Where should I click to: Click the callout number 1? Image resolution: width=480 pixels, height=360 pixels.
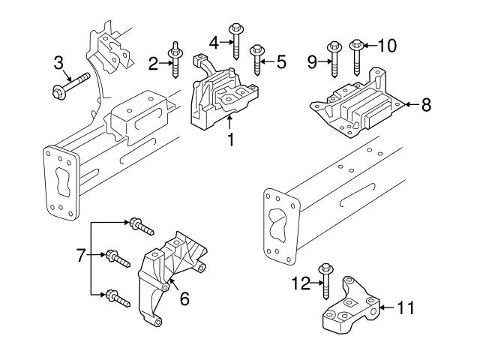[x=231, y=139]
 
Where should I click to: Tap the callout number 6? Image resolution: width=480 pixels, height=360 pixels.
[x=184, y=298]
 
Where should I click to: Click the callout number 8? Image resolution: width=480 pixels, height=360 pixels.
[x=425, y=104]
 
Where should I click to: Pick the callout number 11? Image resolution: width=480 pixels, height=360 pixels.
[x=404, y=307]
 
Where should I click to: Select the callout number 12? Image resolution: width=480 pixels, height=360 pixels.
[x=301, y=282]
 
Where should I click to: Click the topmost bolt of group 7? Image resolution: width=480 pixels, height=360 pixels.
[x=141, y=224]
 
